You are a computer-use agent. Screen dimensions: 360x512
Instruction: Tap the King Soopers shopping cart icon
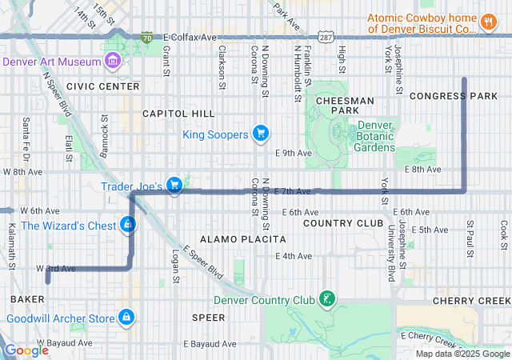(x=260, y=134)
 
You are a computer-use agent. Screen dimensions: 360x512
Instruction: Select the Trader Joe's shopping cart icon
(x=174, y=186)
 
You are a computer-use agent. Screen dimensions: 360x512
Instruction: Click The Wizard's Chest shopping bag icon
(x=127, y=225)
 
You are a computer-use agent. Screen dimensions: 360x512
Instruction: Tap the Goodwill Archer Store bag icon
(x=125, y=318)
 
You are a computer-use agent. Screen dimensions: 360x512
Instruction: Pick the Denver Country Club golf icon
(x=326, y=300)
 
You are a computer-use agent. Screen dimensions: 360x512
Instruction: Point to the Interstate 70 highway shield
(x=146, y=37)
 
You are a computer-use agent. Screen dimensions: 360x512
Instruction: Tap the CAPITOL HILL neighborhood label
(x=178, y=114)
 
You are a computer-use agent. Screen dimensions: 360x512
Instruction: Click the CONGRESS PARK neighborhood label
(x=453, y=96)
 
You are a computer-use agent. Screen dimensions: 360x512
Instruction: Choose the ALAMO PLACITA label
(x=242, y=239)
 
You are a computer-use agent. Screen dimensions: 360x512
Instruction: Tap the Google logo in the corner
(x=26, y=350)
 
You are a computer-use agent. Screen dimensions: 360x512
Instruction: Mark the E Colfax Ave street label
(x=190, y=38)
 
